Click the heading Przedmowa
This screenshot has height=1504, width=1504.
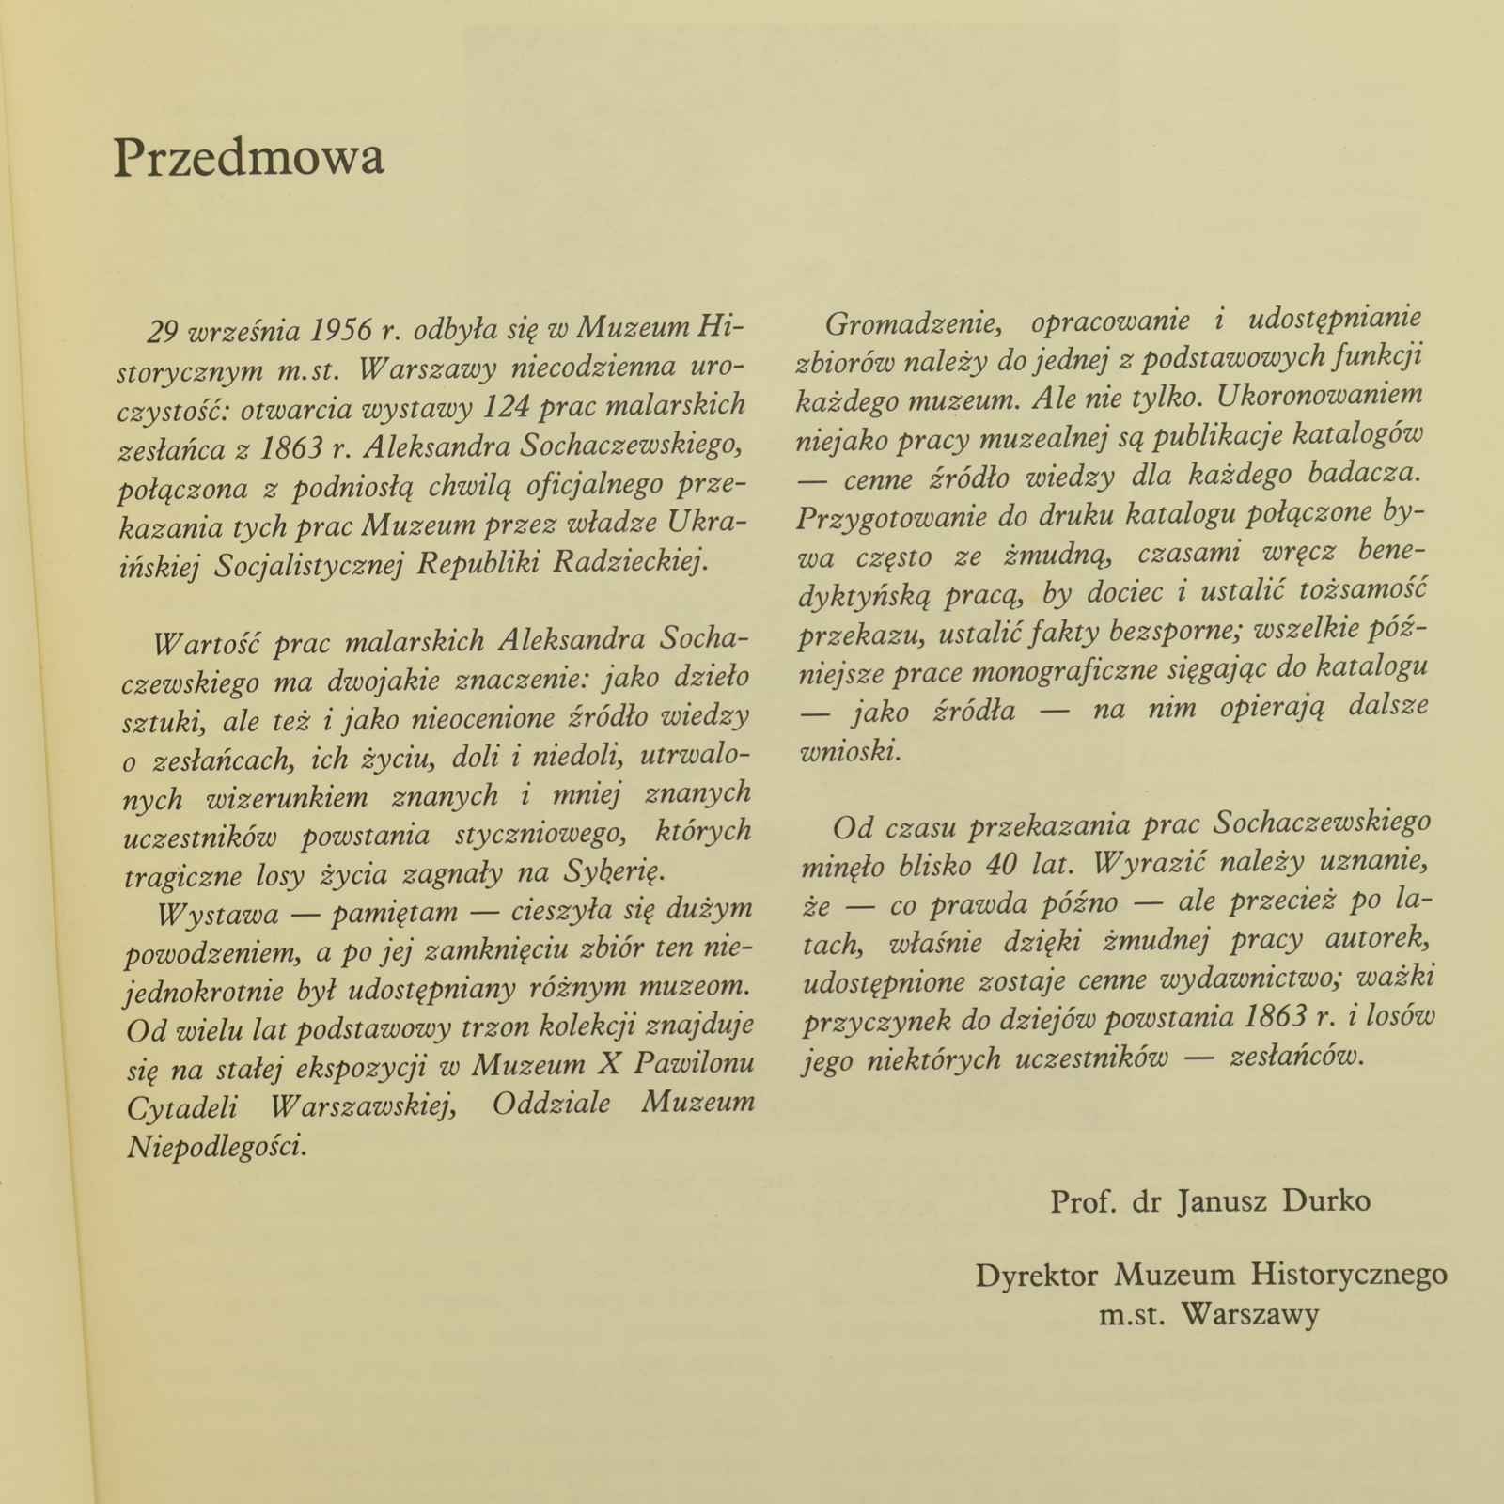(x=249, y=157)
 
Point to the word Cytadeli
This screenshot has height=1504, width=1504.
(x=182, y=1106)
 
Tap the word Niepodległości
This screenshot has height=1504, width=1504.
(x=216, y=1146)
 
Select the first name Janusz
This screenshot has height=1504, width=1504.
(x=1218, y=1201)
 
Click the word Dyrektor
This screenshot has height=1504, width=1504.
(x=1037, y=1276)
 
